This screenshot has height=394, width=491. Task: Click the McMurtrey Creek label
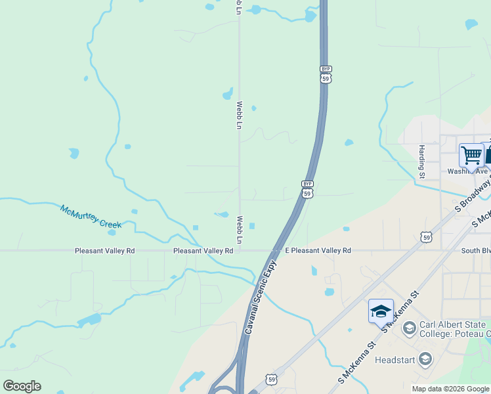tap(92, 216)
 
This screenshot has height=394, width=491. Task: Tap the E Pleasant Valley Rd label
tap(318, 251)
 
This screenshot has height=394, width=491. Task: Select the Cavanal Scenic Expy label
tap(259, 298)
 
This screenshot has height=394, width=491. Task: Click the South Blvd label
tap(475, 251)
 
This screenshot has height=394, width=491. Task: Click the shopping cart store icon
tap(471, 155)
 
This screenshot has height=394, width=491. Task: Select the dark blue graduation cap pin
tap(381, 312)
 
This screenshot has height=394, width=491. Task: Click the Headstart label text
tap(396, 360)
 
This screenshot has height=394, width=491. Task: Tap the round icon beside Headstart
tap(425, 359)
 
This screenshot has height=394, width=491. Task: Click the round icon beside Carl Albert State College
tap(408, 327)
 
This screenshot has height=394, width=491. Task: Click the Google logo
tap(22, 386)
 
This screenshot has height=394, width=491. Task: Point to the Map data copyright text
tap(450, 389)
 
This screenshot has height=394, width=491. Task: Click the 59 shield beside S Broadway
tap(427, 237)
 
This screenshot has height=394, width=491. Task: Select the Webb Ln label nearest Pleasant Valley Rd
tap(240, 230)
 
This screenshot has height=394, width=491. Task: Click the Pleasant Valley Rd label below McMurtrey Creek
tap(104, 251)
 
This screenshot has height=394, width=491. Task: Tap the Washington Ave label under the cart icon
tap(467, 171)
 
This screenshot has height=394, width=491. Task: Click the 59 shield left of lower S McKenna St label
tap(272, 379)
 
